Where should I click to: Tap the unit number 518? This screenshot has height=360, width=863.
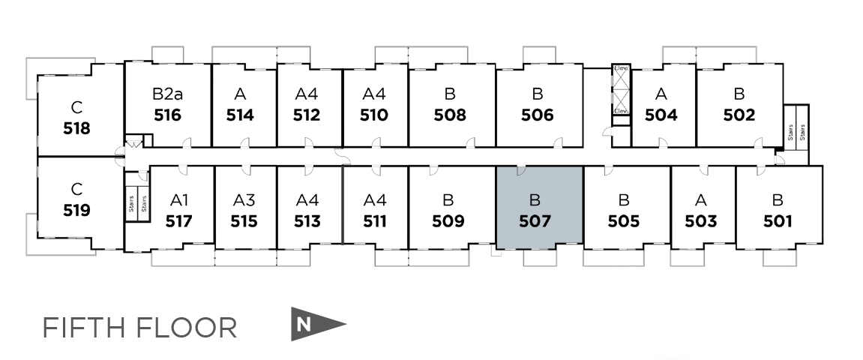tap(76, 128)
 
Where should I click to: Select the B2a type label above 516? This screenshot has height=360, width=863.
tap(167, 94)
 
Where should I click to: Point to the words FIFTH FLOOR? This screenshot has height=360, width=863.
tap(139, 328)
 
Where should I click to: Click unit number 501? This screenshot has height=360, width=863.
tap(778, 221)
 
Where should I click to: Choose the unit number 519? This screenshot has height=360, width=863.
tap(76, 210)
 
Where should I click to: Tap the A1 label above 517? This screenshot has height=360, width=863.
tap(178, 200)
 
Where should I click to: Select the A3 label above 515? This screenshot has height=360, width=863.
tap(244, 200)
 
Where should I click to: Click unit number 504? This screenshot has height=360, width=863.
tap(661, 115)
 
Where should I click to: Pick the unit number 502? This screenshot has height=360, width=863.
tap(739, 115)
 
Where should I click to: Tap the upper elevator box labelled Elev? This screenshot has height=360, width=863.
tap(621, 78)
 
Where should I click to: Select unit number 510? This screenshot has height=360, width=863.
tap(374, 115)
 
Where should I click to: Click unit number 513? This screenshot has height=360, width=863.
tap(307, 221)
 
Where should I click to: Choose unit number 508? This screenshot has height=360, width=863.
tap(450, 115)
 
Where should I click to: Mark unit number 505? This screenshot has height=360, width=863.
tap(624, 221)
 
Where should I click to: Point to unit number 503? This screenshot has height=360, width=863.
tap(701, 221)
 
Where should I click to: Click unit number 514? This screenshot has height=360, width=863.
tap(240, 115)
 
